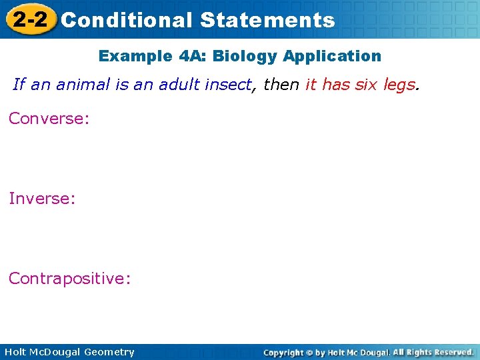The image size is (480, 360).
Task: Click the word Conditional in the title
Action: pyautogui.click(x=126, y=20)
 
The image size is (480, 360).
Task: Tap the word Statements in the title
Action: pyautogui.click(x=267, y=20)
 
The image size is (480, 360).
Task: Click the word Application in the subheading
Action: pyautogui.click(x=332, y=56)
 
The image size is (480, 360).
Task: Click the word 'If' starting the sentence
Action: pyautogui.click(x=19, y=85)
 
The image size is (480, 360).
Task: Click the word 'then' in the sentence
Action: pyautogui.click(x=281, y=85)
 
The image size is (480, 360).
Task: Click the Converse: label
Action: pyautogui.click(x=49, y=119)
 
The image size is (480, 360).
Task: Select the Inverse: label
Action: pyautogui.click(x=42, y=198)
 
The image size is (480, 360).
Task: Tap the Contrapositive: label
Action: pyautogui.click(x=70, y=278)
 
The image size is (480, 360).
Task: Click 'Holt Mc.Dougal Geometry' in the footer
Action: pyautogui.click(x=69, y=352)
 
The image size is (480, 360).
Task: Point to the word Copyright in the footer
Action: pyautogui.click(x=285, y=352)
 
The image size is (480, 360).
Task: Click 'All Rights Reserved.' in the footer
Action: pyautogui.click(x=433, y=352)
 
